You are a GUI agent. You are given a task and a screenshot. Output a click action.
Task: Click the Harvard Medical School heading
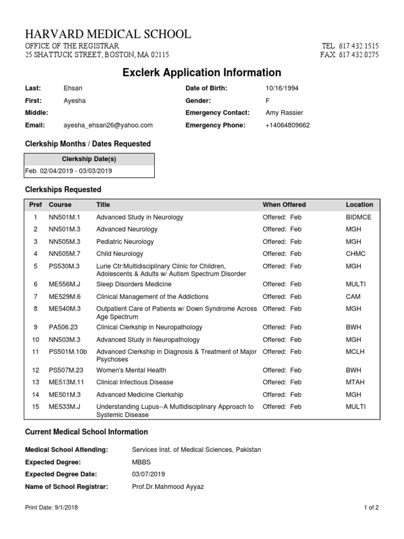pyautogui.click(x=108, y=35)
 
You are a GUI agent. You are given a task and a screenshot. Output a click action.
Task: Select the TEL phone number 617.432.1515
pyautogui.click(x=358, y=46)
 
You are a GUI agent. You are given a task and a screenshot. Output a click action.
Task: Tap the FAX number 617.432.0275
pyautogui.click(x=358, y=55)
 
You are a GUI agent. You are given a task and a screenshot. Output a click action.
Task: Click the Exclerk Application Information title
pyautogui.click(x=201, y=73)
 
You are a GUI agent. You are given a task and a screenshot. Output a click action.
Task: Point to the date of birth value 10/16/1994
pyautogui.click(x=282, y=88)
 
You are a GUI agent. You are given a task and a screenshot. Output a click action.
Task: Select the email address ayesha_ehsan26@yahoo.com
pyautogui.click(x=108, y=125)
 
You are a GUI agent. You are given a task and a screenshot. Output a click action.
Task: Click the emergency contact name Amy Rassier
pyautogui.click(x=285, y=113)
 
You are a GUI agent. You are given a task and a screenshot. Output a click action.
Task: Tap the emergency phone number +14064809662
pyautogui.click(x=288, y=125)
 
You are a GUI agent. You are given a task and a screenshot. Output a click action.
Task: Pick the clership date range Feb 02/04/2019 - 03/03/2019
pyautogui.click(x=68, y=171)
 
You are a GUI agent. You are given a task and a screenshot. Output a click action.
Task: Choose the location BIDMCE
pyautogui.click(x=358, y=217)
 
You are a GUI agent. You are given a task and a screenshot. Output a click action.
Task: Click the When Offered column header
pyautogui.click(x=284, y=205)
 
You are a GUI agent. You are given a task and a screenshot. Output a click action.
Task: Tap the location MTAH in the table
pyautogui.click(x=355, y=382)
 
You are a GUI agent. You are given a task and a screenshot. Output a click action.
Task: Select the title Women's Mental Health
pyautogui.click(x=131, y=371)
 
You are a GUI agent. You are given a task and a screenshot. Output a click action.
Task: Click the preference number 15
pyautogui.click(x=35, y=407)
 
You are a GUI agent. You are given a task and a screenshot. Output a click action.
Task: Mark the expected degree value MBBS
pyautogui.click(x=141, y=462)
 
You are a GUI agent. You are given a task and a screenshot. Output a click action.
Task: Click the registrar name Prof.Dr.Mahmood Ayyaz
pyautogui.click(x=167, y=487)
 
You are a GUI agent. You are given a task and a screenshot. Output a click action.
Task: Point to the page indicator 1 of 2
pyautogui.click(x=371, y=508)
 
